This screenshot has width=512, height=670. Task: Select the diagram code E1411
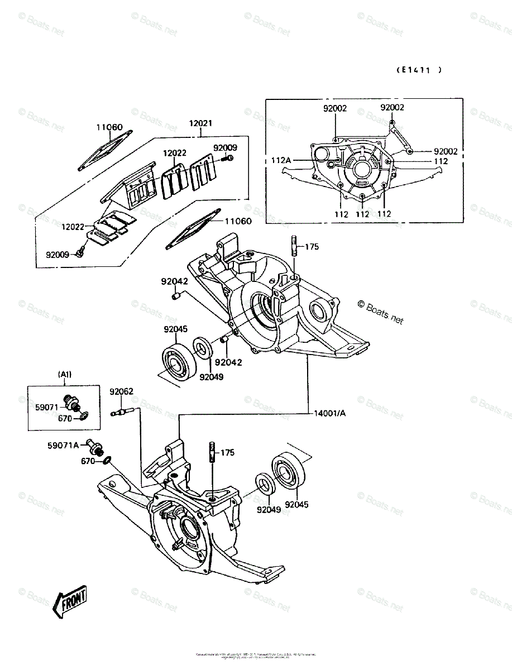(x=418, y=70)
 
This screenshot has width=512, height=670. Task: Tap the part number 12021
(x=200, y=123)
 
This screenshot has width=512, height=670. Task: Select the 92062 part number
(x=121, y=391)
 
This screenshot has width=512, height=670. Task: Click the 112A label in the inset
(x=281, y=161)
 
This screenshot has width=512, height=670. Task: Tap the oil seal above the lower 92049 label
(x=264, y=484)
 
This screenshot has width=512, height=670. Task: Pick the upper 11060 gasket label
(x=108, y=127)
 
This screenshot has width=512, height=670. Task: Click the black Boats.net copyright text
(x=380, y=312)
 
